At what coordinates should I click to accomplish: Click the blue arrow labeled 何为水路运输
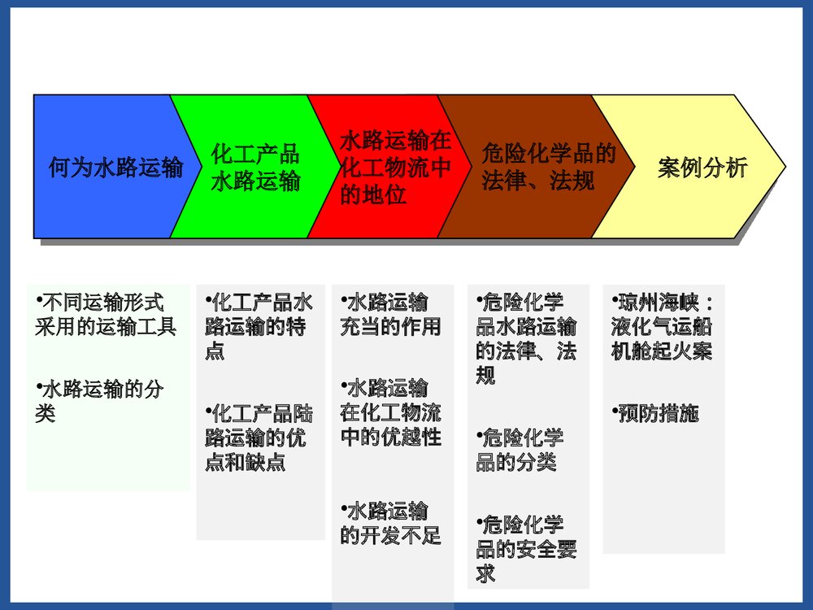pyautogui.click(x=114, y=168)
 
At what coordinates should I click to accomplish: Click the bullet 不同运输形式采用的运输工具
pyautogui.click(x=105, y=315)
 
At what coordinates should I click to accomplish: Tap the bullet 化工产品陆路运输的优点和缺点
pyautogui.click(x=259, y=437)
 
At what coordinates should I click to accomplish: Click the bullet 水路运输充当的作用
pyautogui.click(x=390, y=315)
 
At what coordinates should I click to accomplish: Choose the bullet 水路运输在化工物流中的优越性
pyautogui.click(x=390, y=412)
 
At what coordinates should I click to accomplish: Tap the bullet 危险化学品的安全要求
pyautogui.click(x=526, y=548)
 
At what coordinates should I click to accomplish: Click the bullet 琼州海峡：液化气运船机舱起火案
pyautogui.click(x=663, y=327)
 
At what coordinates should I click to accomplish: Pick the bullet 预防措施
pyautogui.click(x=655, y=413)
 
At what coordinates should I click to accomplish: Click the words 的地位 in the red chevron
pyautogui.click(x=373, y=195)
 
